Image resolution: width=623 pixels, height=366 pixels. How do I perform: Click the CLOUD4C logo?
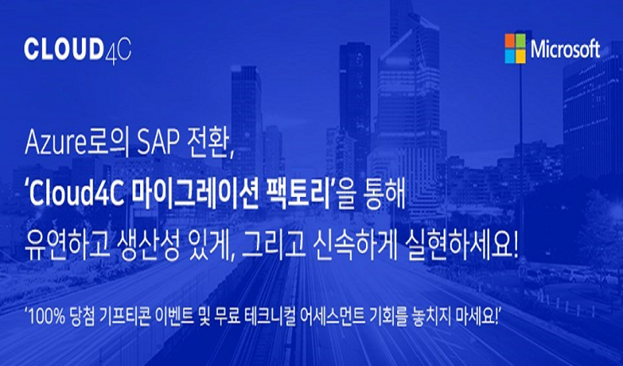click(x=77, y=50)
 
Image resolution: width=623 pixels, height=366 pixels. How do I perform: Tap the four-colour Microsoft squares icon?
click(x=515, y=48)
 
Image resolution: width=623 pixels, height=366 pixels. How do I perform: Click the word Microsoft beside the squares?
click(x=566, y=49)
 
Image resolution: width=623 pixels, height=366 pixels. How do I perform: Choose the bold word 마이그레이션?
click(x=193, y=197)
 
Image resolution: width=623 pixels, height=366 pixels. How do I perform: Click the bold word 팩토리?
click(x=295, y=197)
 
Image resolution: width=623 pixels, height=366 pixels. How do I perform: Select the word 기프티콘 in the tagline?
click(x=126, y=318)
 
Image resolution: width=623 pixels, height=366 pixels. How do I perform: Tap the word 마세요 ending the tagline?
click(x=475, y=318)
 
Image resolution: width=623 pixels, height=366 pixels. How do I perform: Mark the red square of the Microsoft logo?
click(x=510, y=41)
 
